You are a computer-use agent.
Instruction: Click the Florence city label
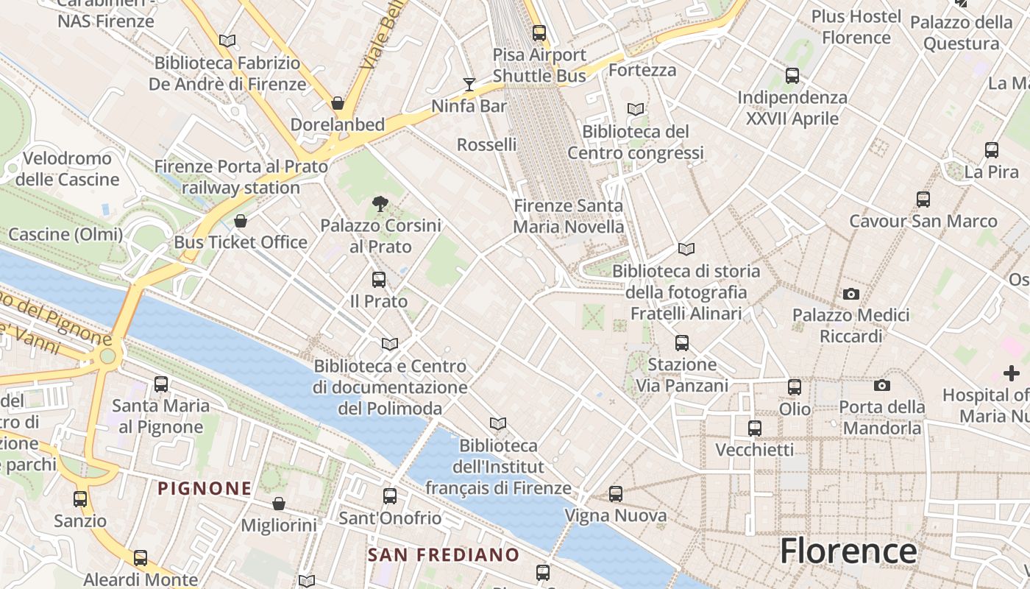[x=848, y=551]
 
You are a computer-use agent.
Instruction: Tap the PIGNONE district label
[x=205, y=487]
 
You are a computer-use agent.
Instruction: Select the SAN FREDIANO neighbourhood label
[x=444, y=554]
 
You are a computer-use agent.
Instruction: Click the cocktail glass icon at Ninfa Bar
[x=469, y=85]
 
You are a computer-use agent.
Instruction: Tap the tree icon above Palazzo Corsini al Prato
[x=380, y=204]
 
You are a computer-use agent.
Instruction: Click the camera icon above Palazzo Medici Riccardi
[x=851, y=294]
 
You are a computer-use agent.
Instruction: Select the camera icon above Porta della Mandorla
[x=881, y=385]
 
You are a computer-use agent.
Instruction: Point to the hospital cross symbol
[x=1012, y=373]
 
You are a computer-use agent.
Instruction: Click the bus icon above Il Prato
[x=379, y=280]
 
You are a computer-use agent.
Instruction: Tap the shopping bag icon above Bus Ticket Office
[x=241, y=221]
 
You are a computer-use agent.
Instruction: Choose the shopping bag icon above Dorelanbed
[x=338, y=103]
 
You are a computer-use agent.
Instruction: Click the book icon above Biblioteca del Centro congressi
[x=636, y=110]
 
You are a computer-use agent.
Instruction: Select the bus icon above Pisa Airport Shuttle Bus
[x=539, y=33]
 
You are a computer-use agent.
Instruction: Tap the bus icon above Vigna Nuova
[x=616, y=494]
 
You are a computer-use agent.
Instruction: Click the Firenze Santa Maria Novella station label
[x=569, y=216]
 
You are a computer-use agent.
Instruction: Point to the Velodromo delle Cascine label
[x=67, y=169]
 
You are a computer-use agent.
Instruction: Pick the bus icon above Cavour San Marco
[x=923, y=200]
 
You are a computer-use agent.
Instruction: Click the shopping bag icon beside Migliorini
[x=279, y=504]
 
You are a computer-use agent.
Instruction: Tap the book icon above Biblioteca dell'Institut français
[x=498, y=424]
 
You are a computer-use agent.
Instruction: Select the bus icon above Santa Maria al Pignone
[x=161, y=384]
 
